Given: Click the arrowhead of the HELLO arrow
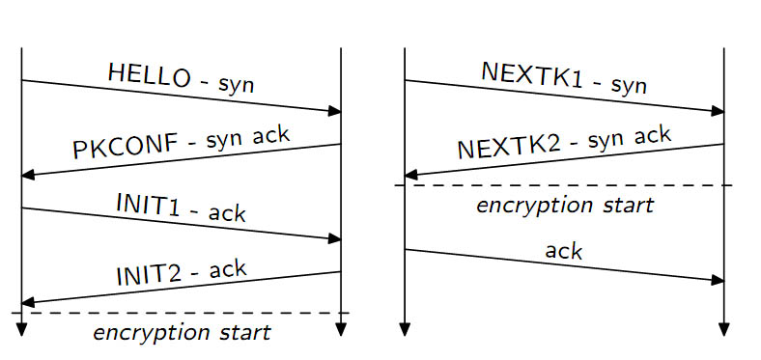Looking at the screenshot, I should click(335, 112).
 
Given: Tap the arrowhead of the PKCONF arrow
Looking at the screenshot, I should click(28, 175).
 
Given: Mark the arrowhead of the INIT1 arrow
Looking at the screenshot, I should click(335, 238).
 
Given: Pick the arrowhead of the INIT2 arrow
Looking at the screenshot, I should click(28, 302).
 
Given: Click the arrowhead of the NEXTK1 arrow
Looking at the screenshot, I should click(719, 112).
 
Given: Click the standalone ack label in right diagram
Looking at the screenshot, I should click(563, 252).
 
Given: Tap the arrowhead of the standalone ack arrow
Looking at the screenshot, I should click(719, 281).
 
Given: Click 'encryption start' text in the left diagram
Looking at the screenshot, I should click(182, 334).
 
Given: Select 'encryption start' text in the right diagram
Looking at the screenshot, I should click(565, 205).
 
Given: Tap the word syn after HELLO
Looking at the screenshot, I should click(236, 86).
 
